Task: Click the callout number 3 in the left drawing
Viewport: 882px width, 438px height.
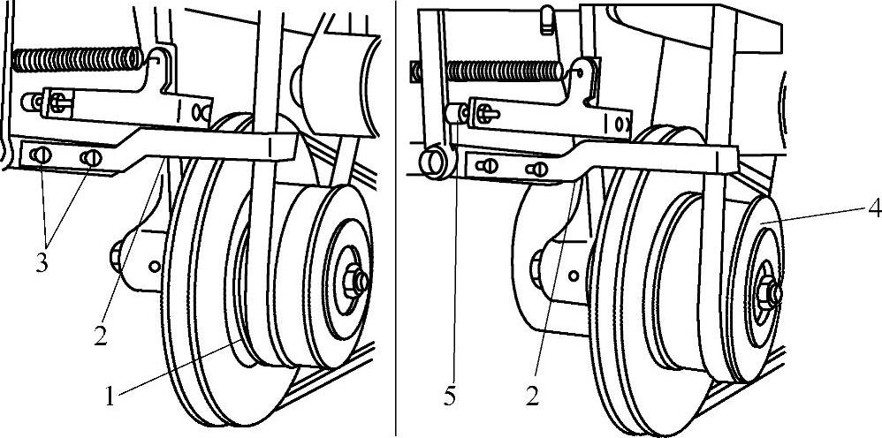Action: tap(41, 263)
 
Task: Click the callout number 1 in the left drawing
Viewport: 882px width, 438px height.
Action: tap(110, 396)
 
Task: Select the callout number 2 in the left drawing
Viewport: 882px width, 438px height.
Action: tap(100, 335)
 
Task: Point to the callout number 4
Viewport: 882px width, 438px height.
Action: tap(873, 210)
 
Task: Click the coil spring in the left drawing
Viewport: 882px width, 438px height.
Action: tap(78, 59)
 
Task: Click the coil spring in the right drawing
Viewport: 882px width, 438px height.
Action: tap(504, 71)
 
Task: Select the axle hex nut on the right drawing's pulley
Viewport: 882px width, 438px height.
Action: tap(768, 292)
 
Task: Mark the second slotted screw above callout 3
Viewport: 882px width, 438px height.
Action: tap(91, 158)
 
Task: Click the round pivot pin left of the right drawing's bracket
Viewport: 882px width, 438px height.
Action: tap(437, 162)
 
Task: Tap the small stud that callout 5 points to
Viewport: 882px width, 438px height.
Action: tap(455, 113)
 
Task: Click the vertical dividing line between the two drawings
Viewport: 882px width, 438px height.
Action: tap(396, 219)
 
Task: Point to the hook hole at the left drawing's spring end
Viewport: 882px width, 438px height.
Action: tap(159, 57)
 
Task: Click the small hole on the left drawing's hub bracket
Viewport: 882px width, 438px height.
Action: tap(154, 266)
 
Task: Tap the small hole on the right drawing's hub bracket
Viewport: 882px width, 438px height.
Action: tap(574, 276)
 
